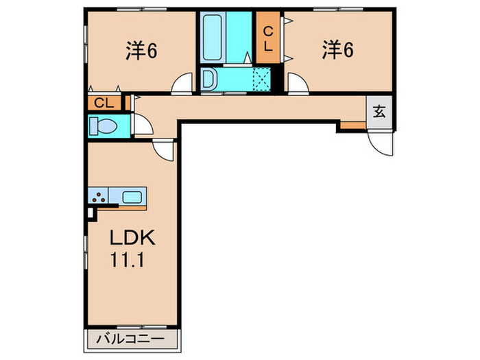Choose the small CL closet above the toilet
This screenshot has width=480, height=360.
coord(104,104)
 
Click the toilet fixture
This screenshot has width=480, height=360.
coord(104,126)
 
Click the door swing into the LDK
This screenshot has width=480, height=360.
coord(164,149)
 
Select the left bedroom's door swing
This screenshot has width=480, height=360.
coord(183,84)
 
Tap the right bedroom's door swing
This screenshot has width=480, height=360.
coord(297,84)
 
